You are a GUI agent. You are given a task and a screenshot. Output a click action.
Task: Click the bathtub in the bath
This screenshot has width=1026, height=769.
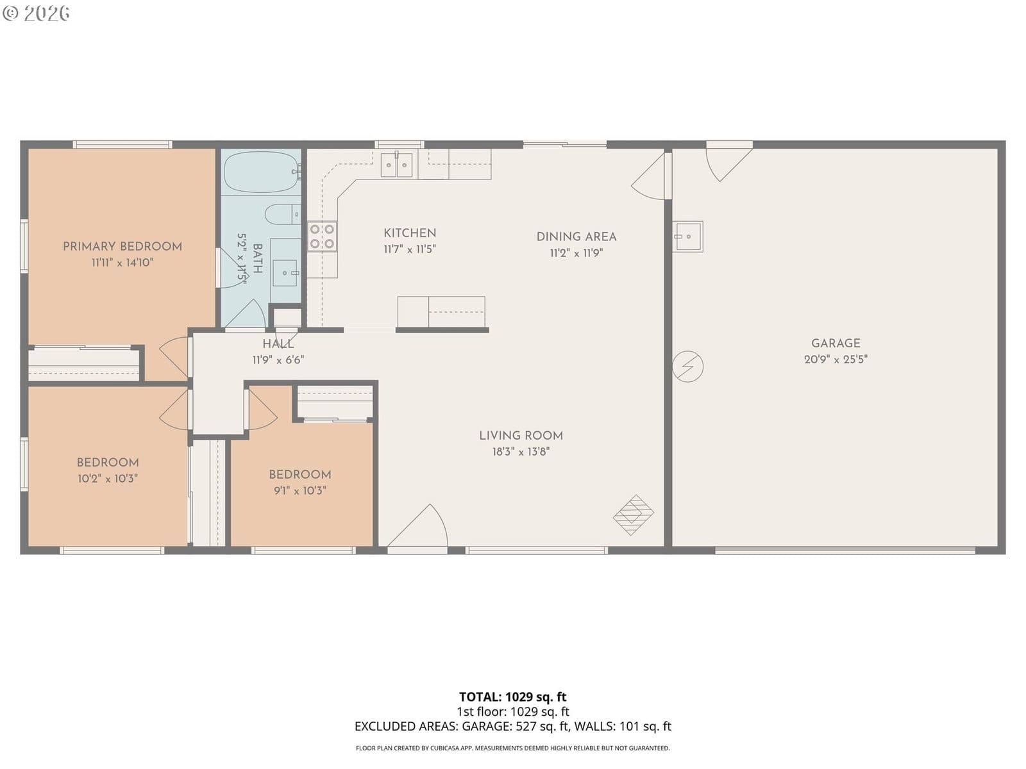coord(262,172)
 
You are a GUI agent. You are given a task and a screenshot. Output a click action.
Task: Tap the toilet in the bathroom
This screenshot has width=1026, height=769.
coord(283,215)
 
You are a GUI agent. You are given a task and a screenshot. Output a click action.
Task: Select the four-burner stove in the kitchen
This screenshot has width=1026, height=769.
coord(322,236)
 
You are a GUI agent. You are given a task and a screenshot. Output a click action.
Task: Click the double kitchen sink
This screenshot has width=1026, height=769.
coord(396,165)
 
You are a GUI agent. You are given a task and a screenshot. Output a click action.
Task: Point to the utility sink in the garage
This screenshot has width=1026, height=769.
coord(687,236)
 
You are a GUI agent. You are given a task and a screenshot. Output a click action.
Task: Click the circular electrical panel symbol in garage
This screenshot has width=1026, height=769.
coord(687,367)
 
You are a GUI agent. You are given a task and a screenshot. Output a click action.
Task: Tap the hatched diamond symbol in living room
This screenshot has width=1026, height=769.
coord(634,515)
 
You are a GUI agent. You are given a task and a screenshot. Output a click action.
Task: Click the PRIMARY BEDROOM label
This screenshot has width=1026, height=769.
coord(122,247)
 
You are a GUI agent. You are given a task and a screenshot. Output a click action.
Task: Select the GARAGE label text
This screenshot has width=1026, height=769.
coord(836,343)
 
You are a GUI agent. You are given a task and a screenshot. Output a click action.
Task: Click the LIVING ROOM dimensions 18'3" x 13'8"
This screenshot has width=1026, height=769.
coord(521,452)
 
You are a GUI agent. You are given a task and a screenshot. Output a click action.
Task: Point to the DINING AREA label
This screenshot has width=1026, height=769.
coord(576,236)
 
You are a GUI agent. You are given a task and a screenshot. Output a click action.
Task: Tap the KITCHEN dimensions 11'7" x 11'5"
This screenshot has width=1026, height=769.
coord(410,249)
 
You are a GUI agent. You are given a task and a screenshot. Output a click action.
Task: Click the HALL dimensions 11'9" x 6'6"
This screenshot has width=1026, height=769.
coord(278,360)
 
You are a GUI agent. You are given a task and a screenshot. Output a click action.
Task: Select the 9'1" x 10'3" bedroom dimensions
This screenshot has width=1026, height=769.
coord(300,490)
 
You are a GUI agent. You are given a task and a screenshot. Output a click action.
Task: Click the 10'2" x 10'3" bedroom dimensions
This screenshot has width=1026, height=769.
coord(108,479)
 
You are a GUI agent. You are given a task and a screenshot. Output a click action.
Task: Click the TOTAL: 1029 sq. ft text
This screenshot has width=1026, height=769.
coord(512,697)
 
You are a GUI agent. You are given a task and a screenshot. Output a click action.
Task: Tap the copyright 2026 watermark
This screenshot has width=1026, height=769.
coord(36,13)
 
